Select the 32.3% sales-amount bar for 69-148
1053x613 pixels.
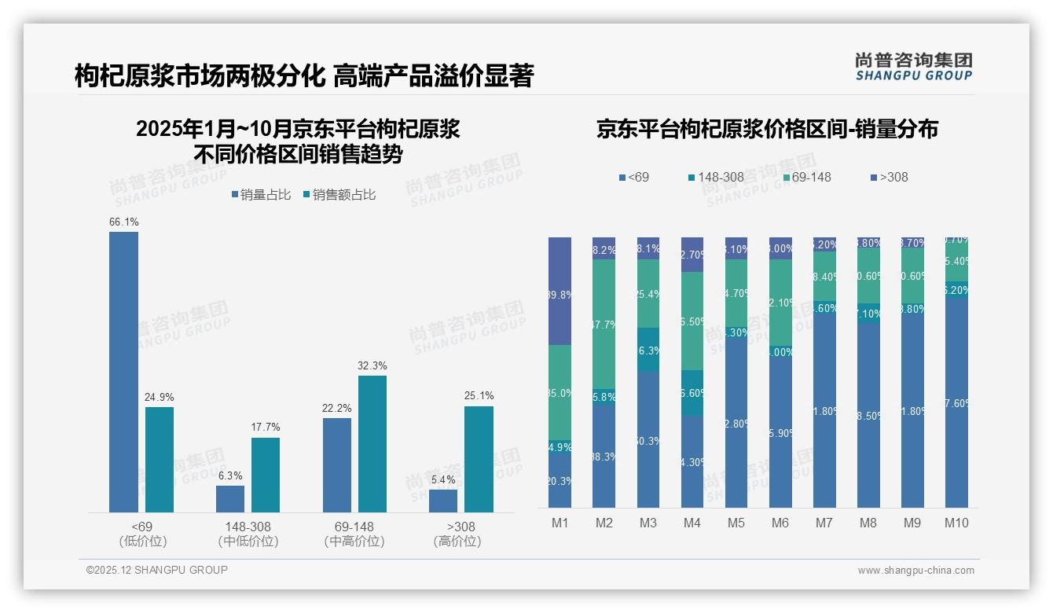(x=372, y=444)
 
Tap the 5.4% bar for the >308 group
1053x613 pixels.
(x=443, y=501)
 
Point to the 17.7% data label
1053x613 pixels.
(x=266, y=427)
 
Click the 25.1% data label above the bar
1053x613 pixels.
(x=479, y=395)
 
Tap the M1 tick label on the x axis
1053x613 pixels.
(x=560, y=523)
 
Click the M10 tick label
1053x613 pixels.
(x=956, y=523)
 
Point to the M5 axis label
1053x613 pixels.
(x=736, y=523)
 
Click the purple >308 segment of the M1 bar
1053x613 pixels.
(x=560, y=291)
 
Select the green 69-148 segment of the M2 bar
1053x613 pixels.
(x=604, y=324)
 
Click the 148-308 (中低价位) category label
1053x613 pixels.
(x=248, y=534)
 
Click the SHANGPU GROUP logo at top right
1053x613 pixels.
(x=913, y=67)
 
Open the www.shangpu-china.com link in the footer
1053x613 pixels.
(x=915, y=571)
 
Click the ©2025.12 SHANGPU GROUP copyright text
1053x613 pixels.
(x=157, y=570)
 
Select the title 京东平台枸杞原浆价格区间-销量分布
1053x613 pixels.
(x=767, y=130)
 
